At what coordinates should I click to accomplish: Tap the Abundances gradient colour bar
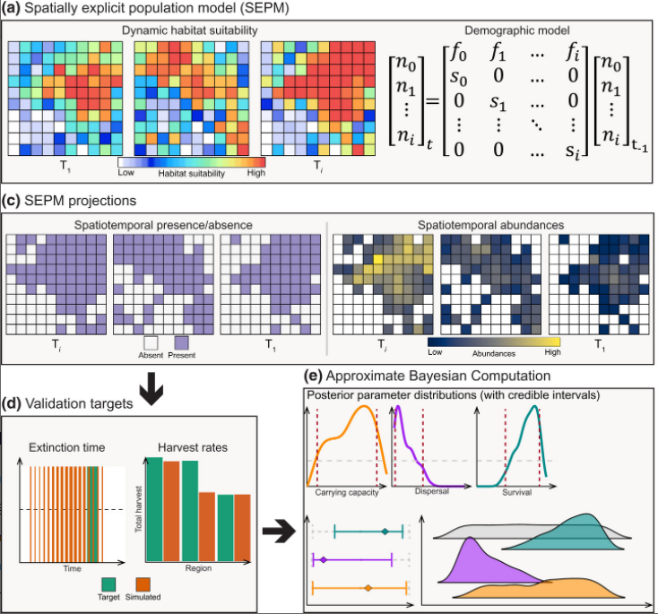click(494, 342)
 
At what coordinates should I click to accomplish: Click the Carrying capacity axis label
click(346, 492)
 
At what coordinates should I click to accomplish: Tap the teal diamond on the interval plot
click(385, 532)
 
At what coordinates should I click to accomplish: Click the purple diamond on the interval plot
click(323, 560)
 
